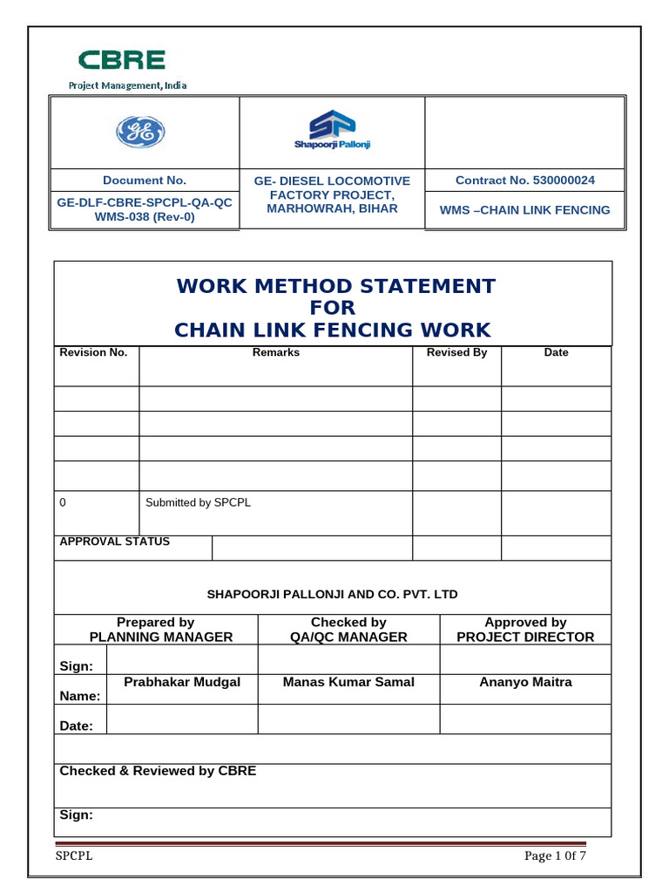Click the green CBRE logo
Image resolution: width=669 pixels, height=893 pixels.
tap(122, 61)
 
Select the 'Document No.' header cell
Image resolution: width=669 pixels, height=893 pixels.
tap(145, 181)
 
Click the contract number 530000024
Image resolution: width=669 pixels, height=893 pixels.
tap(558, 181)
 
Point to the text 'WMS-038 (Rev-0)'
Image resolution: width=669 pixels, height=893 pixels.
tap(145, 217)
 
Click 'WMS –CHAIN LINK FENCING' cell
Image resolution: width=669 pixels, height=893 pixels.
tap(524, 210)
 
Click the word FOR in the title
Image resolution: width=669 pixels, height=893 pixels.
tap(333, 308)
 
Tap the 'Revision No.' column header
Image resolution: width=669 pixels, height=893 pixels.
tap(93, 352)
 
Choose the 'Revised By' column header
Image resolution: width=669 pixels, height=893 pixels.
tap(456, 352)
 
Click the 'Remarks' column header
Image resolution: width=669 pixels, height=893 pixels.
tap(275, 352)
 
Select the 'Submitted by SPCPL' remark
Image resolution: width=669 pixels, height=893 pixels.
tap(198, 503)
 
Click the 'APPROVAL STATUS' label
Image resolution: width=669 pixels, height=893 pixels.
tap(114, 542)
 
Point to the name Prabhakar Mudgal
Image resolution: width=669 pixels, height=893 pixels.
tap(182, 682)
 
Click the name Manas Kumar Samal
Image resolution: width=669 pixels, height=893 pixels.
tap(348, 682)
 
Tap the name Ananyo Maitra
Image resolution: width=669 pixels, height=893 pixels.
tap(525, 682)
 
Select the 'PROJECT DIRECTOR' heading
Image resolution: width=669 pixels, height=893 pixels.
tap(525, 637)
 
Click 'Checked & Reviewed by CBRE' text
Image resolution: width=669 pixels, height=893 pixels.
tap(158, 771)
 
